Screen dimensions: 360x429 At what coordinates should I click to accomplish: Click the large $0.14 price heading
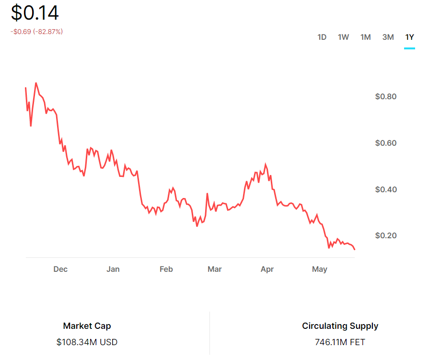click(35, 13)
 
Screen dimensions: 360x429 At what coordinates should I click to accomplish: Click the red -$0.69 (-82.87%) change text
click(36, 32)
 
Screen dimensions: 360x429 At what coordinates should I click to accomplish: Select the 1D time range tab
click(322, 37)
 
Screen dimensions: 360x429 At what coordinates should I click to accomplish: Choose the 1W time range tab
click(343, 37)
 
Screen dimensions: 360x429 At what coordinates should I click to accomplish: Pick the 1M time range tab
click(366, 37)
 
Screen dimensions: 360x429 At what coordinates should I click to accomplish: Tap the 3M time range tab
click(388, 37)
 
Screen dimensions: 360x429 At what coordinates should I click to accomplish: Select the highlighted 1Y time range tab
click(409, 37)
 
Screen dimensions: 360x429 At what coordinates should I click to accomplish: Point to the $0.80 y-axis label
click(386, 97)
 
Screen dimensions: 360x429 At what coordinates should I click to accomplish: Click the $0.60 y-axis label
click(386, 143)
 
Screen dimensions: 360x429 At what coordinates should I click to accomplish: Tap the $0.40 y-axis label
click(386, 189)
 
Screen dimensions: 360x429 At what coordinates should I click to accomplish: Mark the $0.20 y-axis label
click(386, 236)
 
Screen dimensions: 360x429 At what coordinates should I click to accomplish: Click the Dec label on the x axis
click(60, 269)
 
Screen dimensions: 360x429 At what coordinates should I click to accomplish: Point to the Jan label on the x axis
click(113, 269)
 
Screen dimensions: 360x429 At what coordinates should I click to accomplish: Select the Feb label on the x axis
click(166, 269)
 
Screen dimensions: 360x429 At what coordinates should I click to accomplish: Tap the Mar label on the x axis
click(215, 269)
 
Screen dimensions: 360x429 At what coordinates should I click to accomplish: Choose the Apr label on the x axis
click(267, 269)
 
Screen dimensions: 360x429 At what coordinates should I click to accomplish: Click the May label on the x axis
click(320, 269)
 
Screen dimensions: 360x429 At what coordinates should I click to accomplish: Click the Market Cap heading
click(87, 326)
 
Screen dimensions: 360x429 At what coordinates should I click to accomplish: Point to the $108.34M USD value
click(87, 342)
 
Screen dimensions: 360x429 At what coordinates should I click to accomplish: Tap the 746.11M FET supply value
click(340, 342)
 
